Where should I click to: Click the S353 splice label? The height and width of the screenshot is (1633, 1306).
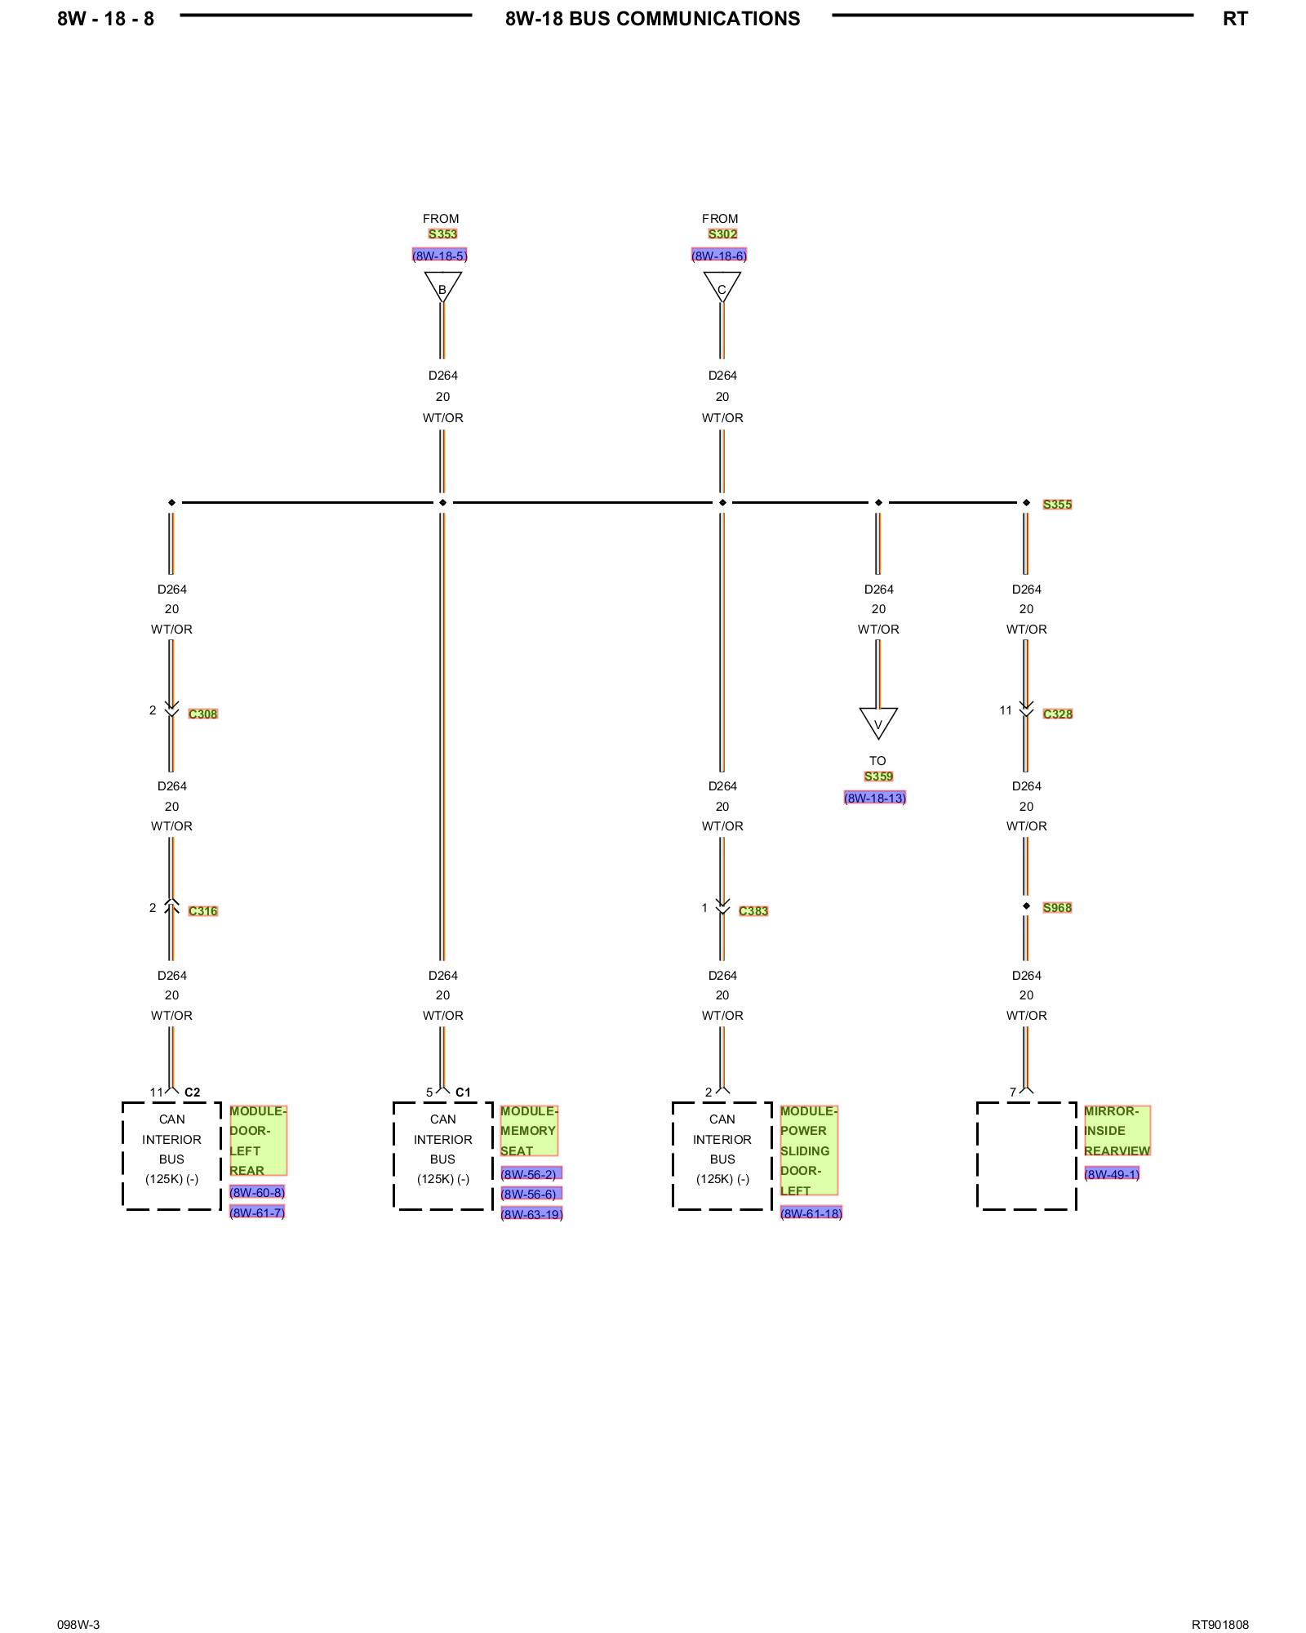(442, 234)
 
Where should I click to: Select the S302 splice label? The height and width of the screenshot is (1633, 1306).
(722, 234)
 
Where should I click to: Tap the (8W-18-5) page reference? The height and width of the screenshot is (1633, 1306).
(440, 256)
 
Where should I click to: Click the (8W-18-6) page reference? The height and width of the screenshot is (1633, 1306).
(719, 256)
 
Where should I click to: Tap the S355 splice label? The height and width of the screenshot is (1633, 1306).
(1057, 505)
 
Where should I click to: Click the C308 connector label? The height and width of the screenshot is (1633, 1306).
(203, 714)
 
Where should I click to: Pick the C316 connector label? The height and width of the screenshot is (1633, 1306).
(203, 911)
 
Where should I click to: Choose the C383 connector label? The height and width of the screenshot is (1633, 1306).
(753, 911)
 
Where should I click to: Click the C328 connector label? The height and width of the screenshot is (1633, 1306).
(1058, 714)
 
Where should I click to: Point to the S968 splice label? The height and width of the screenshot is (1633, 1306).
(1057, 908)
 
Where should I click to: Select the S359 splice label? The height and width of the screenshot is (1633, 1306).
(878, 776)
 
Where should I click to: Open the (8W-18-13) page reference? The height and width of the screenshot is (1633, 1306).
(875, 798)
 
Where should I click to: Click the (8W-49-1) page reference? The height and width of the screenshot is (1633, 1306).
(1112, 1174)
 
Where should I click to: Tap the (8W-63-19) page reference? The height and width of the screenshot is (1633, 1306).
(532, 1214)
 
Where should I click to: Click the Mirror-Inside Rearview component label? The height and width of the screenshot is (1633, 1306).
(1117, 1131)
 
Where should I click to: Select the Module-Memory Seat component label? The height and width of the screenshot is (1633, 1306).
(529, 1131)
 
